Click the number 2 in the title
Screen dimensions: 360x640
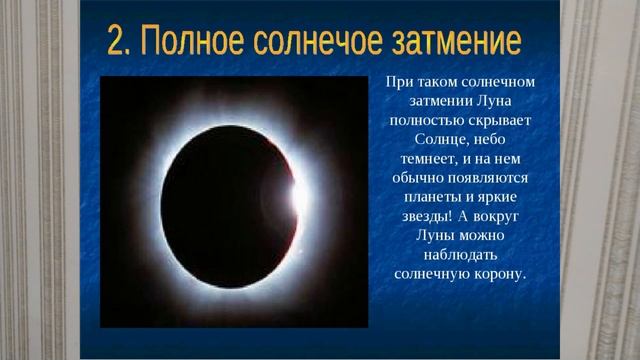tap(117, 43)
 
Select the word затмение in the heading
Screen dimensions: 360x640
tap(460, 43)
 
